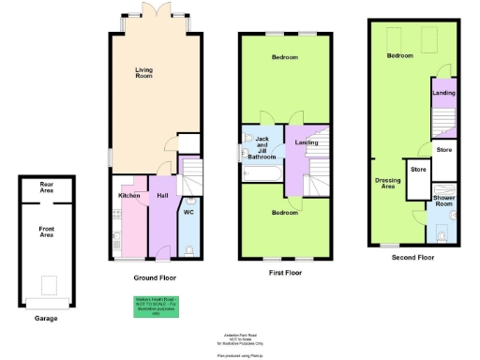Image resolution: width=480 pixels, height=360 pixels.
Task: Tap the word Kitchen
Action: coord(128,195)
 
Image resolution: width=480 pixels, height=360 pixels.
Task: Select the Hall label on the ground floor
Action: coord(162,195)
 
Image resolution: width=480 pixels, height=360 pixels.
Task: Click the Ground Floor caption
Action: coord(155,277)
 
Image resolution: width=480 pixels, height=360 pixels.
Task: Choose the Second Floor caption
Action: coord(413,256)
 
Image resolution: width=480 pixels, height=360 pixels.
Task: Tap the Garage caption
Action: coord(46,319)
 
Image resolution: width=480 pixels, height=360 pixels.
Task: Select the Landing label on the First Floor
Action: coord(307,142)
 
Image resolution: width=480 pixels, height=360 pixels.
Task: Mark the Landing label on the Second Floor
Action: coord(443,93)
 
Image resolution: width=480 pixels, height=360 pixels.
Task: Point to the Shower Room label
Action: coord(443,202)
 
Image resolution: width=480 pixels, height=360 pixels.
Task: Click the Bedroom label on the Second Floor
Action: coord(400,56)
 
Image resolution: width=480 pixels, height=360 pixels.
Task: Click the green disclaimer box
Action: coord(155,307)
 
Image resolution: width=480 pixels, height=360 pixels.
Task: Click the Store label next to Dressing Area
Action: coord(418,170)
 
